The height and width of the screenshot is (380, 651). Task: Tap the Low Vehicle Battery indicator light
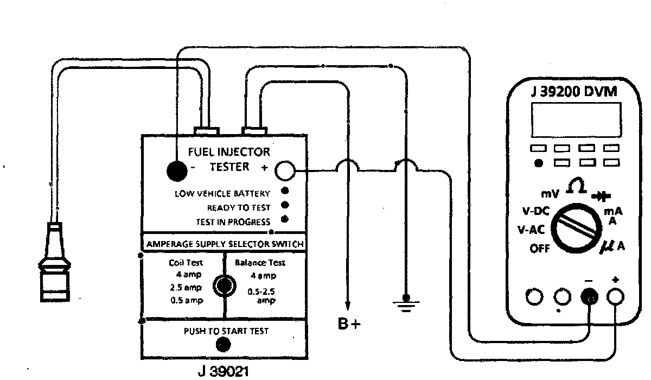point(284,192)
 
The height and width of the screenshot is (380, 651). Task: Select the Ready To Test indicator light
point(284,206)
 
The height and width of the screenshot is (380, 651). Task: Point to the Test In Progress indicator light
point(284,220)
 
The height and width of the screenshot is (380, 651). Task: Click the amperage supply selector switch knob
point(223,284)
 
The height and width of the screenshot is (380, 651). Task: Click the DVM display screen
point(576,120)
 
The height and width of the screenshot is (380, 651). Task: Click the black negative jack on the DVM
point(589,296)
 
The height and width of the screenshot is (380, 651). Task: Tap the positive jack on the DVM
point(615,296)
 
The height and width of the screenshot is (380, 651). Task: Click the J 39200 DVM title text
point(574,91)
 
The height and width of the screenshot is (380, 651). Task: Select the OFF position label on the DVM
point(539,250)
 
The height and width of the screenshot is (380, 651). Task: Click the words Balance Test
point(260,263)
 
